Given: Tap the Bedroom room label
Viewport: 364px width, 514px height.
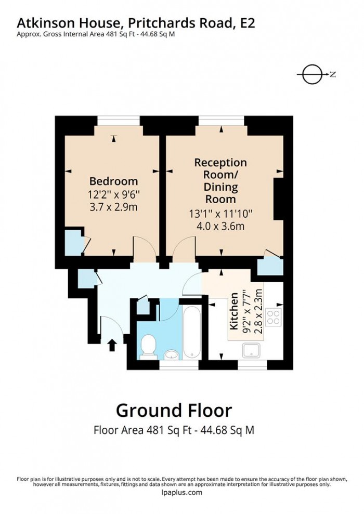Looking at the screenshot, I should [113, 181].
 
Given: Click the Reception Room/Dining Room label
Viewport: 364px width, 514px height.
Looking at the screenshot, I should [220, 180].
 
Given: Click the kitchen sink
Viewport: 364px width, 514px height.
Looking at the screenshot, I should [254, 351].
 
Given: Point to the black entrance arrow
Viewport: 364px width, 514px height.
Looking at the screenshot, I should [111, 345].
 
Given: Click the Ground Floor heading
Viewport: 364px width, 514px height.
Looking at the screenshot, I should [174, 410].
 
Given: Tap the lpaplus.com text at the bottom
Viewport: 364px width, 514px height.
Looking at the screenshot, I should [181, 493].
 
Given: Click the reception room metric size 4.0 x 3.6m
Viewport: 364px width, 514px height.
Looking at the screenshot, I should [220, 226].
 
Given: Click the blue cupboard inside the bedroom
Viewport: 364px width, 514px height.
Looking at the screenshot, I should [72, 242].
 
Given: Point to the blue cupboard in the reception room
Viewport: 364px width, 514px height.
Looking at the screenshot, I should [270, 266].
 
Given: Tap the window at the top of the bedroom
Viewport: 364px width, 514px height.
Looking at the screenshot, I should [119, 121].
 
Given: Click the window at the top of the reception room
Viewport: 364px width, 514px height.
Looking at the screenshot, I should [220, 121].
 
